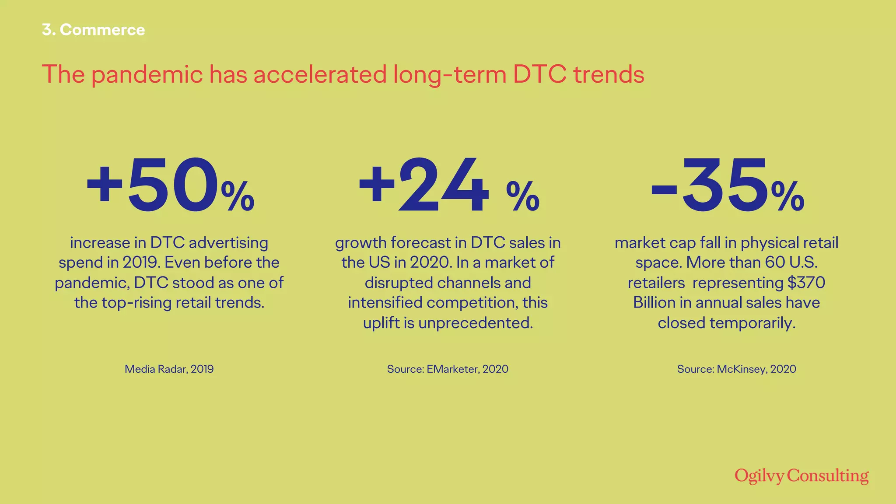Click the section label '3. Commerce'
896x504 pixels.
click(93, 30)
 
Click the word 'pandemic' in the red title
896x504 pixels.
click(147, 74)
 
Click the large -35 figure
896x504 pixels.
click(709, 186)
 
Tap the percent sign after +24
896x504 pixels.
click(523, 197)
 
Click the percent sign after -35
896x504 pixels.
click(787, 197)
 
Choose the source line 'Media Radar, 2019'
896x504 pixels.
click(169, 369)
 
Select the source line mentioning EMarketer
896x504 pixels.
click(448, 369)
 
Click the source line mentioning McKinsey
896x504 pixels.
click(736, 369)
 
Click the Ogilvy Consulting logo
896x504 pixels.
click(801, 476)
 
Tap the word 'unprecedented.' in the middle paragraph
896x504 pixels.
click(476, 323)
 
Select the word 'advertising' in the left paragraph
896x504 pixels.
click(228, 243)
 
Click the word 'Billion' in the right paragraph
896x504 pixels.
click(654, 303)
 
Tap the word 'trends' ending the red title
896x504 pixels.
click(609, 74)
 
